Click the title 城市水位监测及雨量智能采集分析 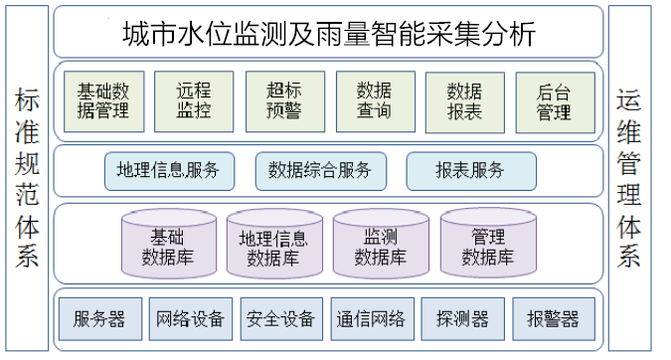(328, 33)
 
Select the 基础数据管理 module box (102, 99)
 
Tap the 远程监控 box (194, 99)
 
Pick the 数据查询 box (369, 99)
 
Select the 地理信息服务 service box (169, 170)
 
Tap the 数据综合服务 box (320, 170)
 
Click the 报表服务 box (470, 170)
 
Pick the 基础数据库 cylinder (166, 245)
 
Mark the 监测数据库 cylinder (381, 245)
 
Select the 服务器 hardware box (99, 318)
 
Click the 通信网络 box (370, 318)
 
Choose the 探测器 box (462, 318)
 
